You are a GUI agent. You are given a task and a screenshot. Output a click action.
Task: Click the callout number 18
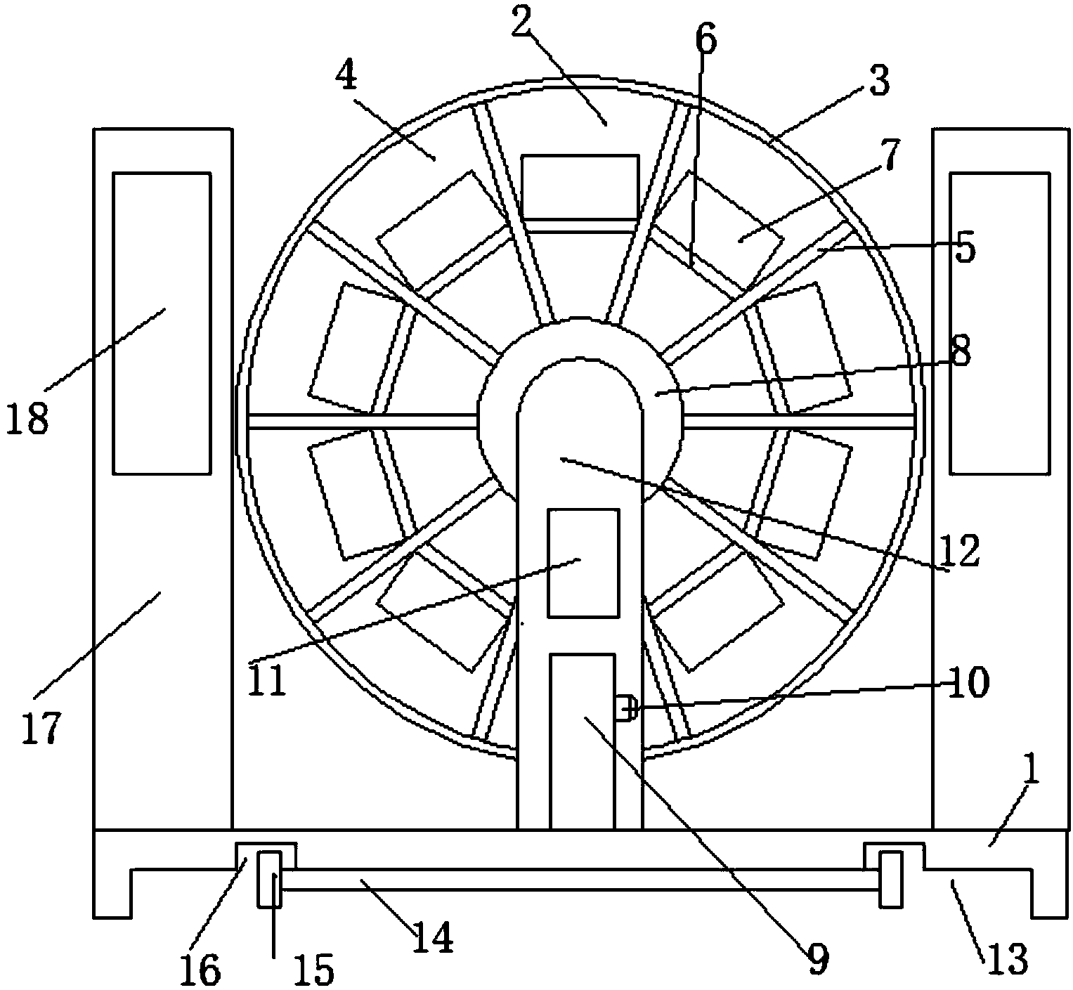pos(29,419)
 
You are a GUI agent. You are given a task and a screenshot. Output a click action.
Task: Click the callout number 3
pos(878,81)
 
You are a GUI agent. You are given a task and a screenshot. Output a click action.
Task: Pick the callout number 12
pos(960,552)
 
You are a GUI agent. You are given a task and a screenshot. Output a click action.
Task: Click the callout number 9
pos(818,958)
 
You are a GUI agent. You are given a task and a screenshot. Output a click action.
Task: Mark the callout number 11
pos(268,679)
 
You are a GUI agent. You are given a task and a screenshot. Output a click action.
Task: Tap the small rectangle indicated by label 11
pos(583,563)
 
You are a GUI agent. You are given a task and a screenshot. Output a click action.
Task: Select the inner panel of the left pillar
pos(162,323)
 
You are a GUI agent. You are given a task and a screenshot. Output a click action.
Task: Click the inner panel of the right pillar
pos(999,323)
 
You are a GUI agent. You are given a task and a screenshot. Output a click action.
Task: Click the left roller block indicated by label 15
pos(268,878)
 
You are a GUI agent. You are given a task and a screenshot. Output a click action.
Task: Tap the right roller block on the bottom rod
pos(890,878)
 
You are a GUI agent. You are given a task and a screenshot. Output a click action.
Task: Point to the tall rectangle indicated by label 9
pos(583,741)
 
